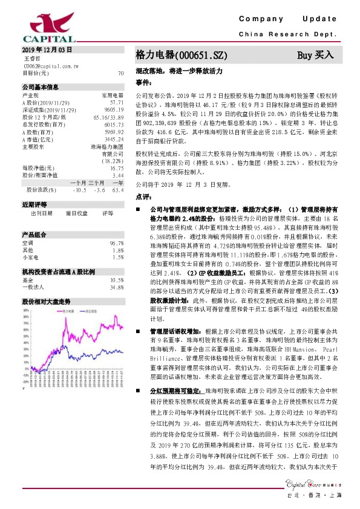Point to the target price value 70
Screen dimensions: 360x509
point(120,73)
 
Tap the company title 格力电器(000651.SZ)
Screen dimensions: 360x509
point(181,54)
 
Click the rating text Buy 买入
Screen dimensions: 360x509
point(315,54)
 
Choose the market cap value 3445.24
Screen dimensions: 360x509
point(114,138)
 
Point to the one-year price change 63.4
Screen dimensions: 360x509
point(118,189)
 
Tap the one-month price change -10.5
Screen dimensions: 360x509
point(79,189)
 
